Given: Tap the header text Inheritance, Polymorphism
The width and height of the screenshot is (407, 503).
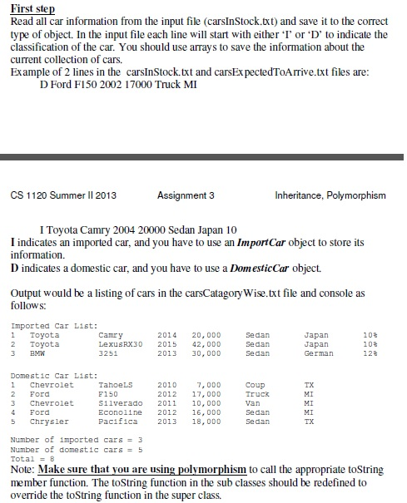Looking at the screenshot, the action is (x=331, y=195).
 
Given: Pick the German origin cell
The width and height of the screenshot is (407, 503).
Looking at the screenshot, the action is (x=319, y=353).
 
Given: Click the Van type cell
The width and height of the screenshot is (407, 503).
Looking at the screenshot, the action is (x=253, y=403).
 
